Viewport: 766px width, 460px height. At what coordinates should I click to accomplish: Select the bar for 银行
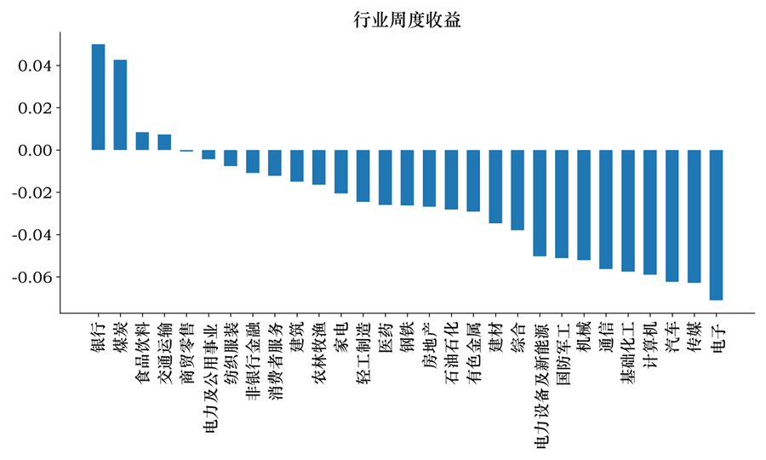[98, 97]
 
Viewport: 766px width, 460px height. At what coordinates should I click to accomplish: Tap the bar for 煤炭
[120, 105]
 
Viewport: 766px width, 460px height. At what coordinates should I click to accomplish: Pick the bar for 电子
[716, 225]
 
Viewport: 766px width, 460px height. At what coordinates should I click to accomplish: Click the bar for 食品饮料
[142, 141]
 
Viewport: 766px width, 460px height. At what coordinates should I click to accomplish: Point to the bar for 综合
[517, 190]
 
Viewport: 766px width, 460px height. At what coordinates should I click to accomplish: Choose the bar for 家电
[340, 171]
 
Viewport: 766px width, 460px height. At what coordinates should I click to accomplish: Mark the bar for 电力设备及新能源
[539, 203]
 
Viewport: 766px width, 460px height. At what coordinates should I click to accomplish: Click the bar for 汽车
[672, 216]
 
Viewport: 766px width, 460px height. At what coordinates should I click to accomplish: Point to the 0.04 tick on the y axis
[37, 66]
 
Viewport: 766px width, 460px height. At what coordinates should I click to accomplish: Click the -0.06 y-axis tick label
[33, 278]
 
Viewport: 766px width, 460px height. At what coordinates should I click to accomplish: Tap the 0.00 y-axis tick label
[37, 151]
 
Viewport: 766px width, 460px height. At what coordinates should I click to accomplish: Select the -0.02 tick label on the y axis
[33, 193]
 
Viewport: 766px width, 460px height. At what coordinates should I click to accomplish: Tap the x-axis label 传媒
[695, 337]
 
